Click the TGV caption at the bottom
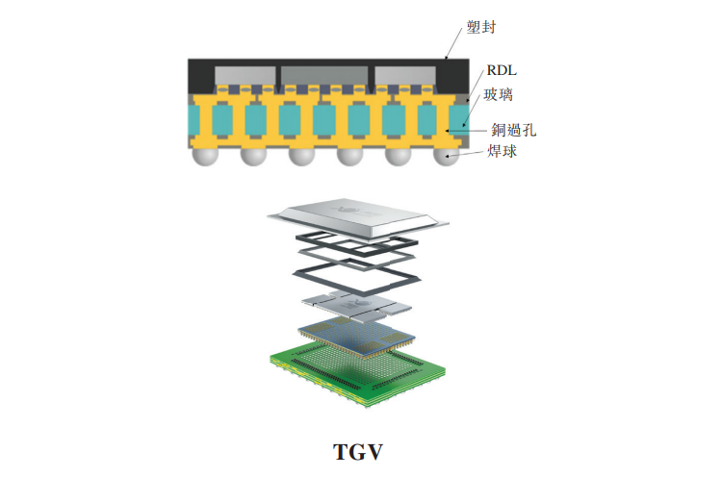[360, 449]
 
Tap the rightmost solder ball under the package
[445, 156]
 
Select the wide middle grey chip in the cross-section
[322, 74]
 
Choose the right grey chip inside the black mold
[399, 74]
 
